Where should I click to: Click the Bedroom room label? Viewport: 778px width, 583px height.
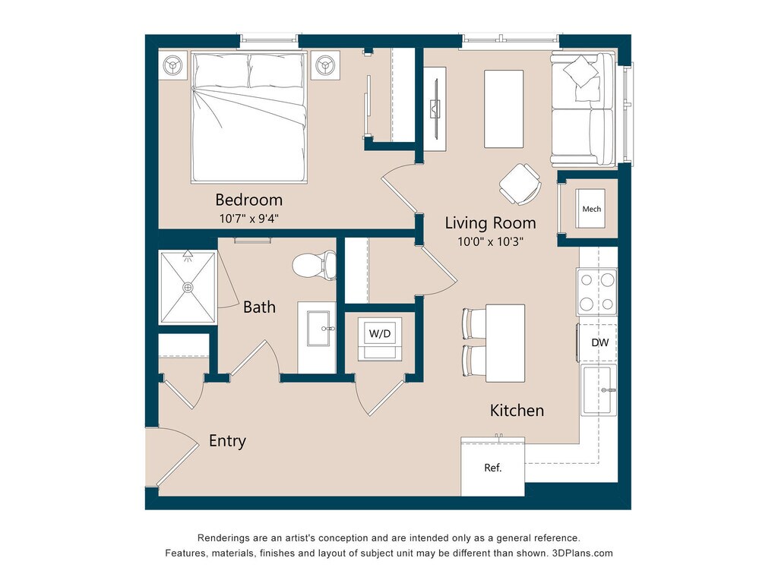248,200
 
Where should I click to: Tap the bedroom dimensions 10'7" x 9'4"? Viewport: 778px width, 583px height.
249,218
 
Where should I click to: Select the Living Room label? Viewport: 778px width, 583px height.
490,223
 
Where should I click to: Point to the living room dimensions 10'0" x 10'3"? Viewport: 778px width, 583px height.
490,241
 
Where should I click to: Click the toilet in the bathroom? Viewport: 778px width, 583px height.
314,265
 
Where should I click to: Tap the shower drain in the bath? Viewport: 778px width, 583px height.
188,288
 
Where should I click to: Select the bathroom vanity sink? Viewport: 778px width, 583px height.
318,328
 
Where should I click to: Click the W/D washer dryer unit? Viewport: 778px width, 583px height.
380,339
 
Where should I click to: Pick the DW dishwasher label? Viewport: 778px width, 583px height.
600,342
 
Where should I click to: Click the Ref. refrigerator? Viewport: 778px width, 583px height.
492,467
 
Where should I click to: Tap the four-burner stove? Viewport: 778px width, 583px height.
597,292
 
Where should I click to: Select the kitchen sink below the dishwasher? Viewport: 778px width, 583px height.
599,389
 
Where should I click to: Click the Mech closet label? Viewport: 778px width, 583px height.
591,210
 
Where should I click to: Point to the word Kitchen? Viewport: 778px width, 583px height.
517,411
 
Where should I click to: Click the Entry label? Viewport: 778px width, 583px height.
227,441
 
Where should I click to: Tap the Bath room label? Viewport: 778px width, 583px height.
259,307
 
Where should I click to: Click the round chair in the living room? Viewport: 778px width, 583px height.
520,184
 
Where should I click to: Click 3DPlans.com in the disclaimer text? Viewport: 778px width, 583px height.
583,553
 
